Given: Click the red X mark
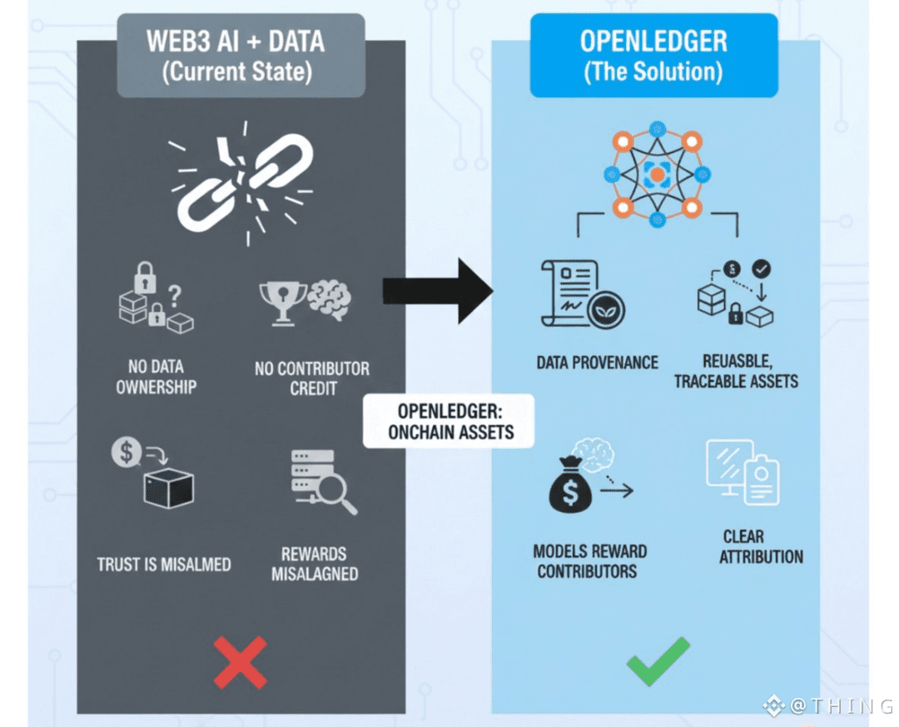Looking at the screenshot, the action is (x=240, y=661).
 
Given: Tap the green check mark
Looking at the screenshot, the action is (x=658, y=661).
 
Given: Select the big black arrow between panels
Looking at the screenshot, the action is (x=438, y=290).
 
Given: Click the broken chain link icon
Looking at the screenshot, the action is (x=242, y=184).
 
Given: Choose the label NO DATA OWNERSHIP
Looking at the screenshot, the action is (x=156, y=377).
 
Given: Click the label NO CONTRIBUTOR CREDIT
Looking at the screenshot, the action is (x=311, y=378).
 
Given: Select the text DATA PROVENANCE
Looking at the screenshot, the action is (x=597, y=363).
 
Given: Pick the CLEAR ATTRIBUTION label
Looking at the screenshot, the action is (x=762, y=546).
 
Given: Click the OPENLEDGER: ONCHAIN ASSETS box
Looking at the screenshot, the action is (x=449, y=421).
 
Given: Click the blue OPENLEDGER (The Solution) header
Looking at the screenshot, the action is (x=653, y=56).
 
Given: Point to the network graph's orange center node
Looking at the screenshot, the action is (x=657, y=174).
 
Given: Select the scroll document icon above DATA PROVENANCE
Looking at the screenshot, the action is (x=569, y=294).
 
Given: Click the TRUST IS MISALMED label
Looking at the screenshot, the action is (x=164, y=565).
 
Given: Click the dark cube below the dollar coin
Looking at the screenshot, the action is (x=168, y=488).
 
